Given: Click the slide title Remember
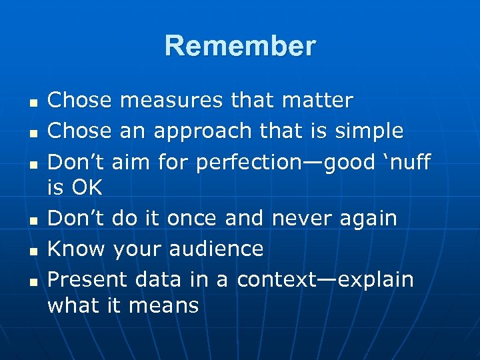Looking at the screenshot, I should pyautogui.click(x=240, y=46).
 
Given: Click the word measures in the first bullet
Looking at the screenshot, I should pyautogui.click(x=172, y=101).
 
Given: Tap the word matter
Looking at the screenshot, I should pyautogui.click(x=318, y=101).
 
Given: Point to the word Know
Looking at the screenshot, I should pyautogui.click(x=77, y=249).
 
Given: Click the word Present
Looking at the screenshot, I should pyautogui.click(x=88, y=279).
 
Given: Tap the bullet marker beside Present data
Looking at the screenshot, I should pyautogui.click(x=31, y=281).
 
